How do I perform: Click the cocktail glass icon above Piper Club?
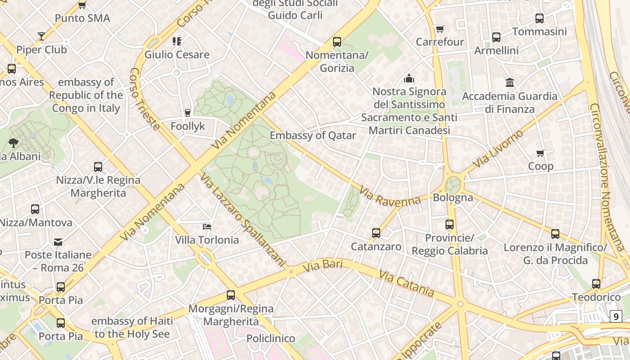coord(41,36)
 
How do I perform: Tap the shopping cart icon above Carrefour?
coord(440,29)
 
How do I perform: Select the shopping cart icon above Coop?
coord(540,153)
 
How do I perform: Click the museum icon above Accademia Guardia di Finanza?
coord(510,83)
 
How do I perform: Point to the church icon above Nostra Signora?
coord(409,78)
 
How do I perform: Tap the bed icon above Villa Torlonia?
coord(207,226)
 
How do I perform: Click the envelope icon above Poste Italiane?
coord(58,242)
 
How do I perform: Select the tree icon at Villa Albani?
coord(13,143)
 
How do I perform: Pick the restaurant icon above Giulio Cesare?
coord(177,41)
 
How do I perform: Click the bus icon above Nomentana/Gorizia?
coord(337,42)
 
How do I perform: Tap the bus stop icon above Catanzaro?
coord(376,233)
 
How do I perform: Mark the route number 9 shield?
coord(616,316)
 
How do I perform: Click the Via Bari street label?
coord(323,265)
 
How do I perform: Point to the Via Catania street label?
coord(407,283)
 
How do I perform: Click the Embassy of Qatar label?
coord(313,135)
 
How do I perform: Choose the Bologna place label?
coord(453,198)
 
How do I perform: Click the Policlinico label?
coord(271,338)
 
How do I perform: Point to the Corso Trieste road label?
coord(145,99)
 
